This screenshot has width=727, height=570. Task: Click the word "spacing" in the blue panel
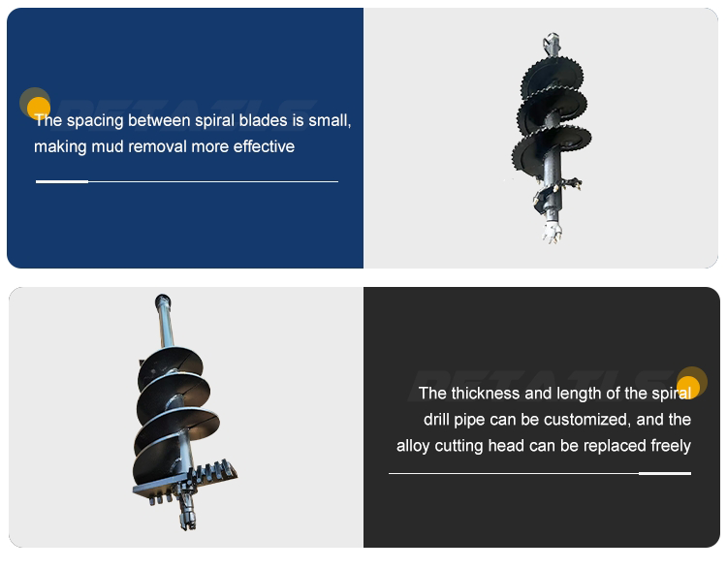(95, 121)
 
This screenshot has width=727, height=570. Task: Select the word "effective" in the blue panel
(264, 146)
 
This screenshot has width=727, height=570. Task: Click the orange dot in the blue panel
(39, 109)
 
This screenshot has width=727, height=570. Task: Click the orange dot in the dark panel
(688, 388)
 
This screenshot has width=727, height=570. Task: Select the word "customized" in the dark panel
(586, 420)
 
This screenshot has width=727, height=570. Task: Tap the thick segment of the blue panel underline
(62, 182)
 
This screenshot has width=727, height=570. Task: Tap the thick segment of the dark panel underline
(665, 473)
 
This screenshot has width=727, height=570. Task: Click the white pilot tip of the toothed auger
(553, 232)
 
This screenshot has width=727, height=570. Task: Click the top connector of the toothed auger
(552, 44)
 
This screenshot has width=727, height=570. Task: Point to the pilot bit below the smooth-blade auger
(187, 512)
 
